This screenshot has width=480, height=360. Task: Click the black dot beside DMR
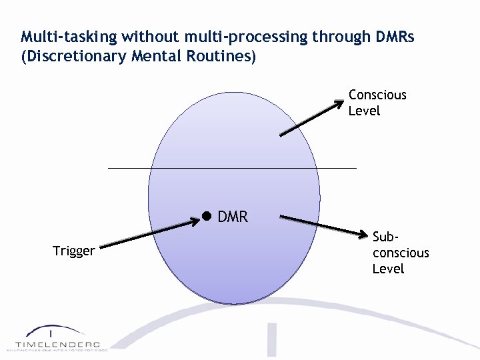tap(207, 216)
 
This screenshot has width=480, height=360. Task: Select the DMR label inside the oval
tap(233, 217)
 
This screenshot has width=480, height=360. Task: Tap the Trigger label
tap(73, 251)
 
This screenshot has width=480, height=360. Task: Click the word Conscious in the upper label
tap(377, 95)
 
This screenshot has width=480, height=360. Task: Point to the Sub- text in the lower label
tap(385, 237)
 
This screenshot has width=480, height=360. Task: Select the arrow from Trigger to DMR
tap(150, 234)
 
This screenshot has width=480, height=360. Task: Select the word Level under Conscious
tap(364, 111)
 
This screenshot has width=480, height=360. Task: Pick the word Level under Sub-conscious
tap(388, 269)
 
